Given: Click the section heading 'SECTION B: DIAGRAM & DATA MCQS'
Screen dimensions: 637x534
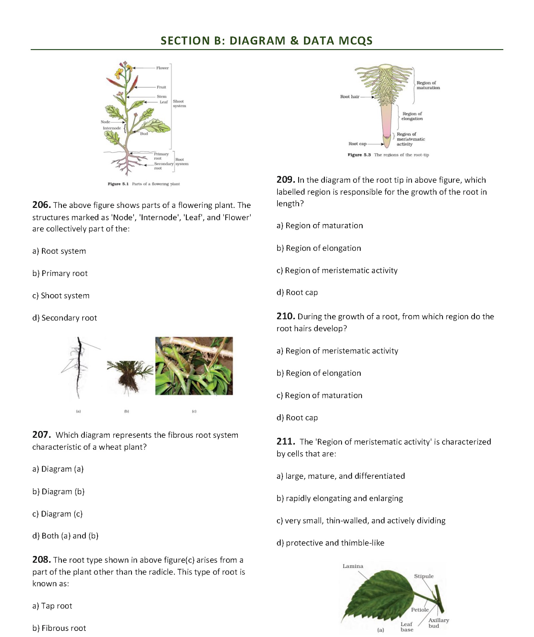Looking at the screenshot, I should pos(266,41).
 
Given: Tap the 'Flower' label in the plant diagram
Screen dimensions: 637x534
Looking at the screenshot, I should pos(162,68).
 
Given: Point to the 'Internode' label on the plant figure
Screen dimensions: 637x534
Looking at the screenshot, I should pos(112,128).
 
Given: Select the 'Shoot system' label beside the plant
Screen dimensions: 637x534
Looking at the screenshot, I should pos(179,103).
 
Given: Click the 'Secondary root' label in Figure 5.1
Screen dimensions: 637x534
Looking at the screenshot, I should pos(164,166).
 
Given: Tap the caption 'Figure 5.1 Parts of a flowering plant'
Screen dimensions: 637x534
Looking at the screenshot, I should pos(144,184).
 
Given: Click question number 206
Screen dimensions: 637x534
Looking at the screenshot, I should pos(41,205).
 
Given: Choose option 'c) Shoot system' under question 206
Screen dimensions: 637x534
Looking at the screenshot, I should pos(61,296).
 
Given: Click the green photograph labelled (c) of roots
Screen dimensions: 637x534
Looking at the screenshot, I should pos(194,366).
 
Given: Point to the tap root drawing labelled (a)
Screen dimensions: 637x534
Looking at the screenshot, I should pos(79,367).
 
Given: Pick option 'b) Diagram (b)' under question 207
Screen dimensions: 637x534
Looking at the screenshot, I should pos(58,491).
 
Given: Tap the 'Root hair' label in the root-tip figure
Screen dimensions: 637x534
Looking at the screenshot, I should pos(349,97).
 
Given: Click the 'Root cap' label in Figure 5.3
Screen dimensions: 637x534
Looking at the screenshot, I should pos(357,144).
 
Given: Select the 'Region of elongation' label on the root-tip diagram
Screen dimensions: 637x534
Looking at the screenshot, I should pos(412,116).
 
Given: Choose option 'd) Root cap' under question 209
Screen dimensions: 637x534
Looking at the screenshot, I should pos(297,292).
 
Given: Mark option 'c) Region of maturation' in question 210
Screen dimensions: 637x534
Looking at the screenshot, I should pos(319,395).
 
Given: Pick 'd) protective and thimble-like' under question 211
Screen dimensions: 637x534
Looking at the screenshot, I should pos(330,543).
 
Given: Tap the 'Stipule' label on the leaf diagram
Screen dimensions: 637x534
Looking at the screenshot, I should pos(423,576).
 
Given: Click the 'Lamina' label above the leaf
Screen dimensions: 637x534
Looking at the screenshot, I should pos(352,566).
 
